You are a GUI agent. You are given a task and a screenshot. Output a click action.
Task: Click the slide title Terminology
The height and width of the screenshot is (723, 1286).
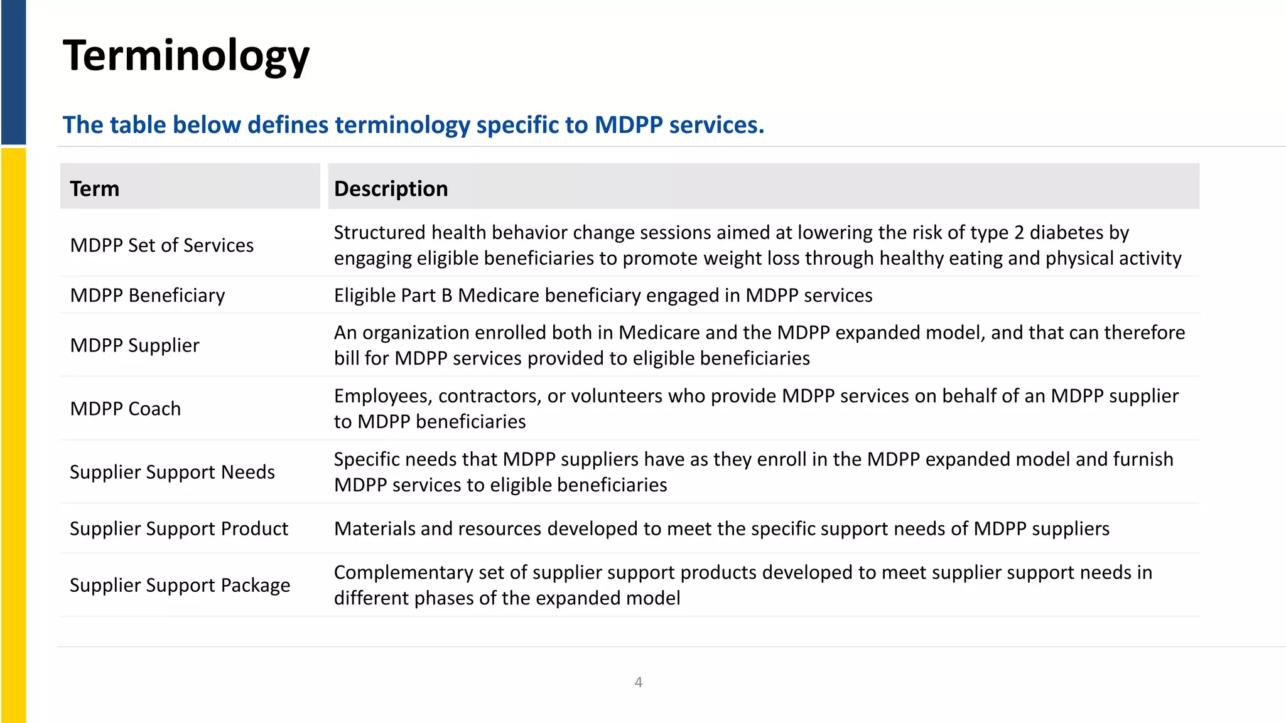pos(186,56)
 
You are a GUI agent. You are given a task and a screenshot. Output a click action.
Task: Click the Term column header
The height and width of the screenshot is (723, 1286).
pos(95,189)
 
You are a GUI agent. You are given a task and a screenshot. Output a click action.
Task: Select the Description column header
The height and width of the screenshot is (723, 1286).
pos(391,189)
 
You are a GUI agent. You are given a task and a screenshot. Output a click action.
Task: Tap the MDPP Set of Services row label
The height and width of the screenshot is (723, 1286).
pos(162,245)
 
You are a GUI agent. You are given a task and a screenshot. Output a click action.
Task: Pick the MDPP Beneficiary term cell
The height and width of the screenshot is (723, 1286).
pos(148,296)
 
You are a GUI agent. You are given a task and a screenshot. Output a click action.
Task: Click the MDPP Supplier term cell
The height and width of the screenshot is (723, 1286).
pos(134,346)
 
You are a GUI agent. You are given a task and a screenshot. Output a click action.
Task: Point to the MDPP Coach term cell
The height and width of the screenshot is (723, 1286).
pos(126,409)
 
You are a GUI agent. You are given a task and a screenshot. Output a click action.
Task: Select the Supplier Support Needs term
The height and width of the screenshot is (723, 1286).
pos(172,472)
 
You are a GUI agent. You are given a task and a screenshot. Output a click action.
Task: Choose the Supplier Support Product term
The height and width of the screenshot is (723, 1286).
pos(179,528)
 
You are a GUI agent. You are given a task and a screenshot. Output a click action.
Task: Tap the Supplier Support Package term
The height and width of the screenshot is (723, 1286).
pos(180,585)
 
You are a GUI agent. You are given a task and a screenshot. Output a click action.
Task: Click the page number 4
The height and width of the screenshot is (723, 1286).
pos(639,682)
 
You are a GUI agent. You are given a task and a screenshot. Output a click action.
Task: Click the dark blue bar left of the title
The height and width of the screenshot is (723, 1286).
pos(13,72)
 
